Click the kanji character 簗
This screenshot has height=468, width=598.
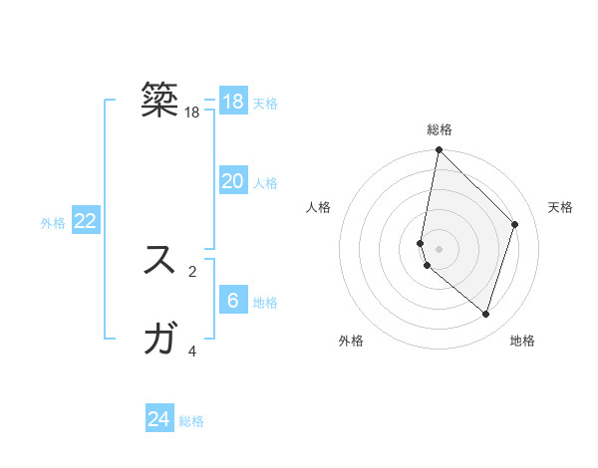pos(160,100)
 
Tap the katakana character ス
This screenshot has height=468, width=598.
pos(160,261)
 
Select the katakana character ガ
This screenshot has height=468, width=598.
pos(160,341)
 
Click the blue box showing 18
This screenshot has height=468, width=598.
pos(233,102)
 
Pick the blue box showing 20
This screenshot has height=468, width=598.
pos(233,181)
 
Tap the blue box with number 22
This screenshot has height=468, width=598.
pos(86,221)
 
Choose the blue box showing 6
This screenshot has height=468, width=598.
pos(233,301)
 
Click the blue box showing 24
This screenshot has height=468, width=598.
pos(159,419)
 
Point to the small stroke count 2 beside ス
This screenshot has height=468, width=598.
pos(192,271)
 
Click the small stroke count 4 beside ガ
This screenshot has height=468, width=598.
pos(192,351)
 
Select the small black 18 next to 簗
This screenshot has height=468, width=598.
pos(192,113)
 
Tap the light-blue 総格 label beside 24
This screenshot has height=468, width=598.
pos(191,421)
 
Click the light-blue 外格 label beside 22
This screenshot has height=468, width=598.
pos(53,223)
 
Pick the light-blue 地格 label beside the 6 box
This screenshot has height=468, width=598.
pos(265,303)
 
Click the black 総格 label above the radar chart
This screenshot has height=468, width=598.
pos(439,129)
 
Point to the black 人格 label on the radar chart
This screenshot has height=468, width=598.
pos(319,207)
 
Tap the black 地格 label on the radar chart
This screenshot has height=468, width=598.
pos(522,341)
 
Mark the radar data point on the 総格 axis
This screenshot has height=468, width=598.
pos(439,150)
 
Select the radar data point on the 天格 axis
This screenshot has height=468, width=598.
pos(515,224)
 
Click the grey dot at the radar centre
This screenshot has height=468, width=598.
pos(439,249)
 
